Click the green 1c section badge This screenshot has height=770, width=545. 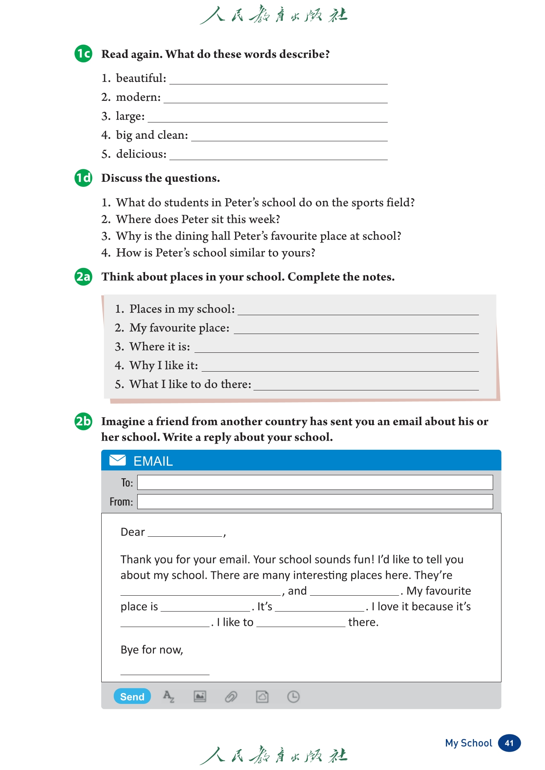[83, 54]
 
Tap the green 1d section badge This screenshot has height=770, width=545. [83, 178]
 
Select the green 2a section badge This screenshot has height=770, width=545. [83, 277]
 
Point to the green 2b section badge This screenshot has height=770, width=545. [83, 421]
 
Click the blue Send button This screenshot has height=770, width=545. [132, 696]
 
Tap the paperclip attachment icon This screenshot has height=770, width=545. [231, 696]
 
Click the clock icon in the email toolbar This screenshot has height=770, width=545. [293, 696]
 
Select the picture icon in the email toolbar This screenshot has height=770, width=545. [200, 696]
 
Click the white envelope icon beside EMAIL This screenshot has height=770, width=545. [118, 460]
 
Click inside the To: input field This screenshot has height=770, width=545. [315, 482]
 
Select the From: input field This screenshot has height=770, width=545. [315, 502]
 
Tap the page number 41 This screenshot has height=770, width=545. [509, 743]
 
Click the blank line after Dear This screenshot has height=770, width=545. [185, 533]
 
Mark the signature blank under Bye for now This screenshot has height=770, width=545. [165, 671]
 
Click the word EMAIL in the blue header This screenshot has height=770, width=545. [153, 461]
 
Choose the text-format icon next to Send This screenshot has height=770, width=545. [169, 696]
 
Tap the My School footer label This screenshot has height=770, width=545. [468, 743]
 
